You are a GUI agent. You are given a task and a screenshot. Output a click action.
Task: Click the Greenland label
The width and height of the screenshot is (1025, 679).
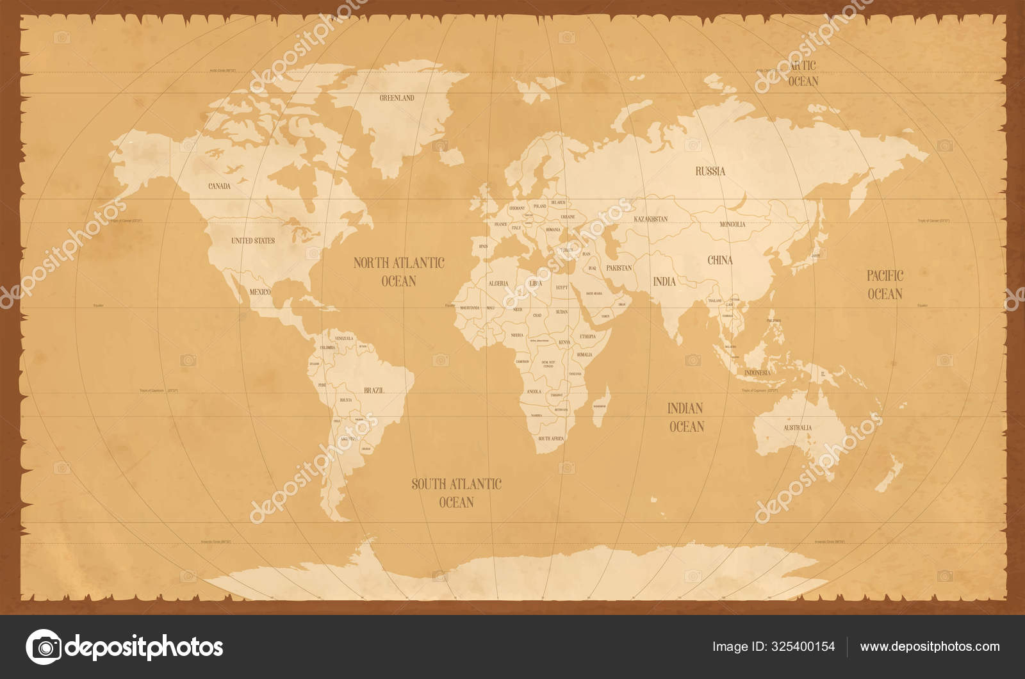(x=397, y=98)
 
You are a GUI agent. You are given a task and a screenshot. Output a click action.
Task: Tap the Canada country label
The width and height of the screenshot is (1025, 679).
(x=219, y=186)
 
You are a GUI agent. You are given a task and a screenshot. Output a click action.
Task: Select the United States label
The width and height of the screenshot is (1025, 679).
(x=252, y=241)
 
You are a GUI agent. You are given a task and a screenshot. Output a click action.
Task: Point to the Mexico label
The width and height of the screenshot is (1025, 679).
(x=259, y=291)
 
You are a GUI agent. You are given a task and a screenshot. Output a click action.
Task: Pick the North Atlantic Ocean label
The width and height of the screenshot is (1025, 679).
(x=398, y=272)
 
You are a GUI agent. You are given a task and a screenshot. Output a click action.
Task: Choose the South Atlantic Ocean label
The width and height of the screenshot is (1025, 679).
(x=456, y=493)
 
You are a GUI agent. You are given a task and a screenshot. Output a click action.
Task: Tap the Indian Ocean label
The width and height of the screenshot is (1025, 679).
(x=686, y=417)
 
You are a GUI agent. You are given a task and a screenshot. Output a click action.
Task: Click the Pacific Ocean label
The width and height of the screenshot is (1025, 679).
(x=885, y=284)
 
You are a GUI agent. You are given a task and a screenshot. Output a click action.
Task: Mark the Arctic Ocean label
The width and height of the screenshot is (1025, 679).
(x=802, y=73)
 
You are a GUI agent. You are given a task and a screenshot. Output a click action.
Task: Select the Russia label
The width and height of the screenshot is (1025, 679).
(x=710, y=171)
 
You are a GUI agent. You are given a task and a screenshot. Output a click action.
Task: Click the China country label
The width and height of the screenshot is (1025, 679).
(x=719, y=260)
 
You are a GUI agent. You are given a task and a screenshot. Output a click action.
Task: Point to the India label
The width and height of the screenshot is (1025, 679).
(x=664, y=281)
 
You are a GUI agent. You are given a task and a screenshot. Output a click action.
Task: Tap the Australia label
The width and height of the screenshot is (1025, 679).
(x=798, y=427)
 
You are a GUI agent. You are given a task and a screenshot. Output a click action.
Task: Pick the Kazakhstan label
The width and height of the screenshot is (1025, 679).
(x=650, y=219)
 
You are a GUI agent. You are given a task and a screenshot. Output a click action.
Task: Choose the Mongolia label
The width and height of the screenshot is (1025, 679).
(x=732, y=225)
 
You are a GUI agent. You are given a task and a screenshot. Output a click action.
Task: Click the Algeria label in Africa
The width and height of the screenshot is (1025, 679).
(x=498, y=282)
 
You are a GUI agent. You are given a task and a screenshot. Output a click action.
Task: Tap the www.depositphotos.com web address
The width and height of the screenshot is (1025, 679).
(x=930, y=646)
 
